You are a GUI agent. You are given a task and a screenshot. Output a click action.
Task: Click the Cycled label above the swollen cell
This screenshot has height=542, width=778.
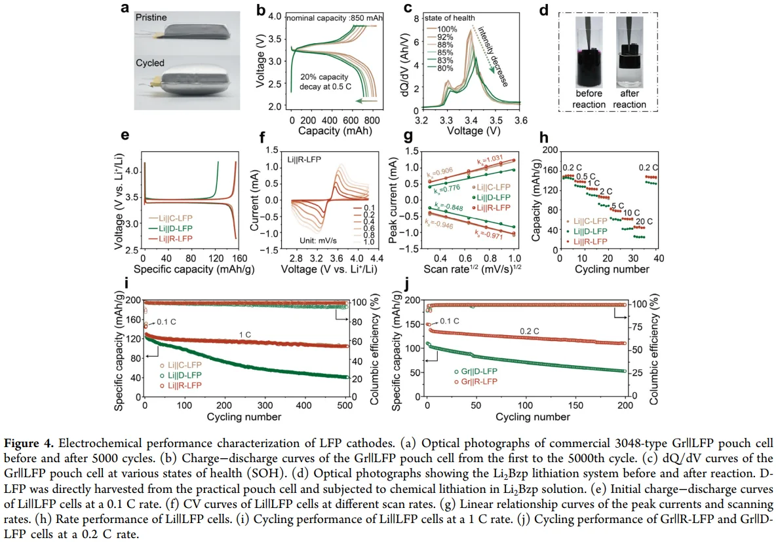(x=151, y=63)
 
